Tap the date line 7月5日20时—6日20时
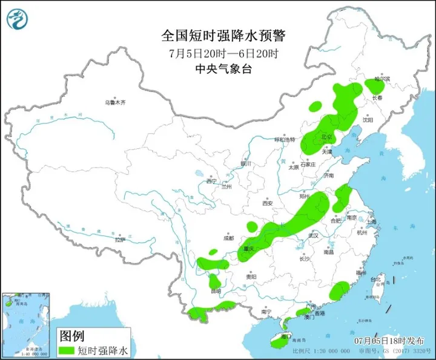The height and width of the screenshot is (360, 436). (223, 53)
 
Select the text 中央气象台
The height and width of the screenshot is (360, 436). (223, 69)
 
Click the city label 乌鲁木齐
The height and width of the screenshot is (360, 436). (115, 103)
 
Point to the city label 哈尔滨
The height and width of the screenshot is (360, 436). (382, 79)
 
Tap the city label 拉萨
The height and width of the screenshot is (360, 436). (119, 240)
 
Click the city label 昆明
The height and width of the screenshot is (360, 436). (216, 292)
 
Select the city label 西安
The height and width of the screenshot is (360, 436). (268, 203)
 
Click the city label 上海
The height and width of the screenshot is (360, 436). (370, 222)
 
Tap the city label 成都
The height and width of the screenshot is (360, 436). (228, 238)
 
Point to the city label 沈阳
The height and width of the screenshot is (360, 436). (368, 120)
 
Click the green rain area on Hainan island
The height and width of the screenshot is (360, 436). (277, 342)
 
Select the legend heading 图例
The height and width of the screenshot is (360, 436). (71, 335)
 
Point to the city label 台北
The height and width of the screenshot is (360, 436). (376, 279)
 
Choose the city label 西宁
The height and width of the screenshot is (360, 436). (210, 181)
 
